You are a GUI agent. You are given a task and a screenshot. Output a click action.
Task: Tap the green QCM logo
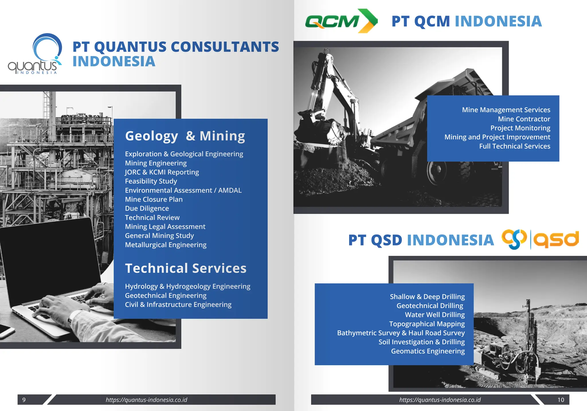tap(341, 21)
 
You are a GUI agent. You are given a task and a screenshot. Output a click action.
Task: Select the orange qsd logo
tap(540, 239)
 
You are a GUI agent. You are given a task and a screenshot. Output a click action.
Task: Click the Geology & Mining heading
tap(185, 136)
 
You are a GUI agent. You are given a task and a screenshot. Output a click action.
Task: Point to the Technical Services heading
tap(186, 268)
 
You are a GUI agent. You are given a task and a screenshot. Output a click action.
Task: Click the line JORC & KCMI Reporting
tap(162, 172)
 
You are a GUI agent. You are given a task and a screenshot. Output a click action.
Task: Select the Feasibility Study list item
tap(151, 181)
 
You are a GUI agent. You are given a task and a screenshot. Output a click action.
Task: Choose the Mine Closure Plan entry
tap(154, 199)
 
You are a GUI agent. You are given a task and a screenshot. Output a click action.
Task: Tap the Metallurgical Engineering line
tap(166, 245)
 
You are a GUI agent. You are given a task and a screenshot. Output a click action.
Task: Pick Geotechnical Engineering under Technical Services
tap(166, 295)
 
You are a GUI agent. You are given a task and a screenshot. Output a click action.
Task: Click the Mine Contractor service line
tap(524, 119)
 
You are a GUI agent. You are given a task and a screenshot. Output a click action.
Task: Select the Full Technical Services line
tap(514, 146)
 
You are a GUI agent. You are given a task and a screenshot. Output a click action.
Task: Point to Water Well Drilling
tap(435, 315)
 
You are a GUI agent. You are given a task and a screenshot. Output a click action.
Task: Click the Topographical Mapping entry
tap(427, 324)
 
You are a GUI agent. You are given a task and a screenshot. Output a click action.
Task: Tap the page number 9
tap(24, 400)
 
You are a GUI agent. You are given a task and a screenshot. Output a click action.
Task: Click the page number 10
tap(561, 400)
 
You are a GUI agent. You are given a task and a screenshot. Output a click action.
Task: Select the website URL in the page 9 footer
tap(146, 400)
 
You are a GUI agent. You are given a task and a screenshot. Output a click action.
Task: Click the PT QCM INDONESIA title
tap(466, 22)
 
